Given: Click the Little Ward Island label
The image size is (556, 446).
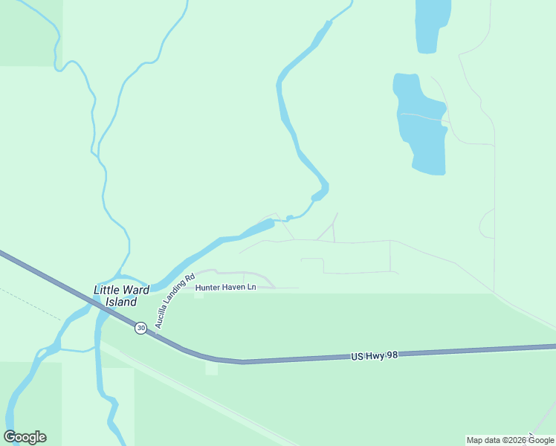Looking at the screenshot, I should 116,296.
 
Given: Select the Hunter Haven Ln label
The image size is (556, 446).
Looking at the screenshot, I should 225,287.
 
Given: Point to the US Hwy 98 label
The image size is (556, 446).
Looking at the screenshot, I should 375,356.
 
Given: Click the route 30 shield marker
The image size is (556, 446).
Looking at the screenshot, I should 140,327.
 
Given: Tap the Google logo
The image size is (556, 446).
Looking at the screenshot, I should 25,437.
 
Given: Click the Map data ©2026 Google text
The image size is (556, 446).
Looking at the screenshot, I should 511,440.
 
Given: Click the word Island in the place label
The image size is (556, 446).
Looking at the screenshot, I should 120,302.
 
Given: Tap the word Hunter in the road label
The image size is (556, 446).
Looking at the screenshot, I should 209,287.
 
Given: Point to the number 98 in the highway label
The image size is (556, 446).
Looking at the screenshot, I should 392,355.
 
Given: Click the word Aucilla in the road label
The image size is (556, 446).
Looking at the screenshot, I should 161,316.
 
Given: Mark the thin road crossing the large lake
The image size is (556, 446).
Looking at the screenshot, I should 421,117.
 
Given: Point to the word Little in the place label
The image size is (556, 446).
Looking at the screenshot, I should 106,290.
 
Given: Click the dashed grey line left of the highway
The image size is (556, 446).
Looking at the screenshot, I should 30,303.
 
